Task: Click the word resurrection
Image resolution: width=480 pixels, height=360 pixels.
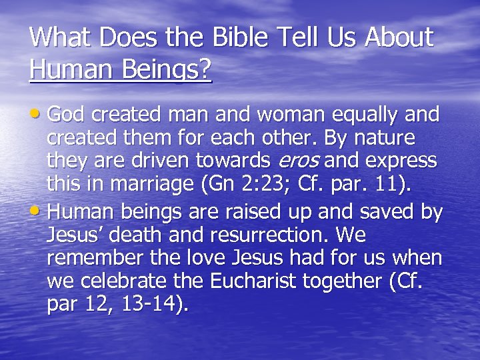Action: pos(259,235)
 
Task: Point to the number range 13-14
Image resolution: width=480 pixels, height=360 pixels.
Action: pos(151,304)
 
